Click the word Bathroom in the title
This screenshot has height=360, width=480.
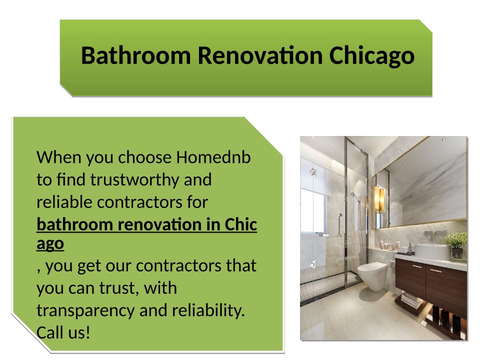[x=136, y=55]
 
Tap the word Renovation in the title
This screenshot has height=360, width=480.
[x=260, y=55]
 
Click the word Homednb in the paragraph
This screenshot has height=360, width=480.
[x=213, y=157]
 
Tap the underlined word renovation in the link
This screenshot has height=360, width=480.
[x=160, y=224]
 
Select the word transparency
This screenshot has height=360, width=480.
[x=85, y=311]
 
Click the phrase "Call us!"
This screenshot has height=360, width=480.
[x=63, y=333]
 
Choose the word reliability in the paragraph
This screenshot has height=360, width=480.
[x=208, y=311]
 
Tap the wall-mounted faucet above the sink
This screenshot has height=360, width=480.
[x=432, y=234]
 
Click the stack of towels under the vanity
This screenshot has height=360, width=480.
[x=412, y=300]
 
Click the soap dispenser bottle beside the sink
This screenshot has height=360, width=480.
[x=410, y=248]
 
